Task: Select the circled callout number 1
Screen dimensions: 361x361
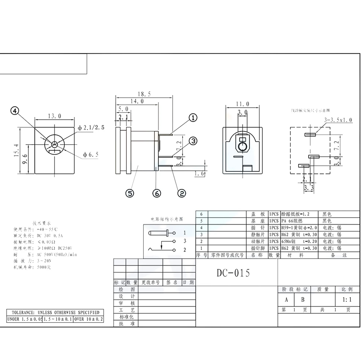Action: point(193,118)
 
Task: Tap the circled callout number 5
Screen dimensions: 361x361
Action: point(130,193)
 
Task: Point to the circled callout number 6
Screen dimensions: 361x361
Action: point(157,193)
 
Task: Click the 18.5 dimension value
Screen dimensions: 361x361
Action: point(144,94)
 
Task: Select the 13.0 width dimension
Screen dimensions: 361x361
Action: point(54,116)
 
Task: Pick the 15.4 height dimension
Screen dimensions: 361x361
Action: point(17,150)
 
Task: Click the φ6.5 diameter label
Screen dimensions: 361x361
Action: point(91,155)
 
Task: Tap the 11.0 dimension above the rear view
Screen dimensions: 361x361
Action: point(242,104)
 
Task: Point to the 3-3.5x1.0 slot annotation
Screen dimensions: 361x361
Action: point(338,120)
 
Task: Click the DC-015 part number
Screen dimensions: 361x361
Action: point(233,273)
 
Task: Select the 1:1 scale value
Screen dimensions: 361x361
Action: point(347,300)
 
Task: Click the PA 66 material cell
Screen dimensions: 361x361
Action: point(292,221)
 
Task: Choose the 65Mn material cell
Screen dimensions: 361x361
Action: point(288,241)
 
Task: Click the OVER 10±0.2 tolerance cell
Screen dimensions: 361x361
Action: point(88,319)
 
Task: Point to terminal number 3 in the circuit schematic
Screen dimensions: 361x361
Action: point(185,241)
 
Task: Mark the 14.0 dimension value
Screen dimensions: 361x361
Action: point(137,101)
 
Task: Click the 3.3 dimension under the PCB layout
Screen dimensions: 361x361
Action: point(309,188)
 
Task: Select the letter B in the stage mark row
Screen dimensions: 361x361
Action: point(303,300)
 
